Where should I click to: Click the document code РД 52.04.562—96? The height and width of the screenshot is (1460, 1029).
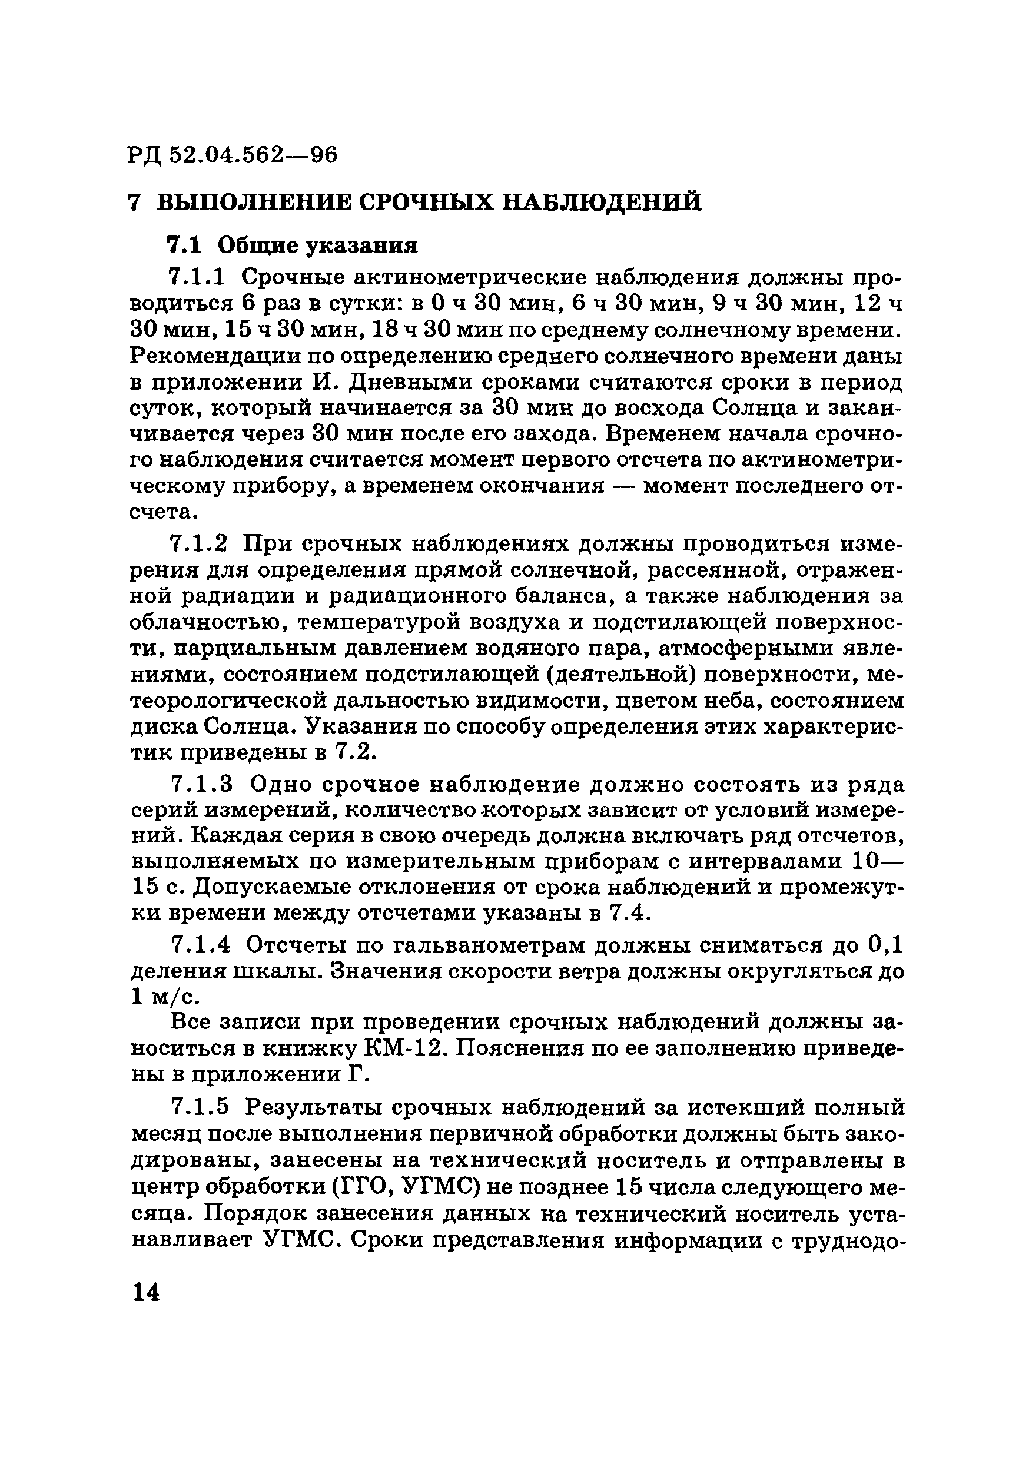(233, 154)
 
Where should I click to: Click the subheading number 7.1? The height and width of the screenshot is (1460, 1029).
(183, 244)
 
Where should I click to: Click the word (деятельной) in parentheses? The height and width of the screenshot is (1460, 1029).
(609, 673)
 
